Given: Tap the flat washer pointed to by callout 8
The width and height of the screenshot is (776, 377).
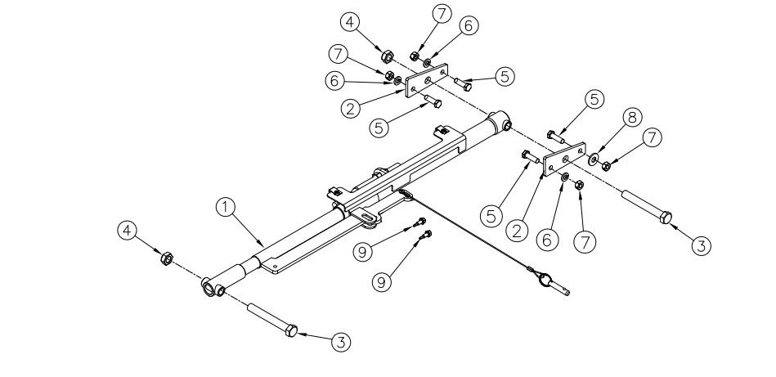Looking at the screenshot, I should [x=592, y=156].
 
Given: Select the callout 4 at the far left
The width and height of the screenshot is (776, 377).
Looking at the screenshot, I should [x=126, y=233].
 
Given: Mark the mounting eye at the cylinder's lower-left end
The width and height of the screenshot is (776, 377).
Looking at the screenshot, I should [x=212, y=289].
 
